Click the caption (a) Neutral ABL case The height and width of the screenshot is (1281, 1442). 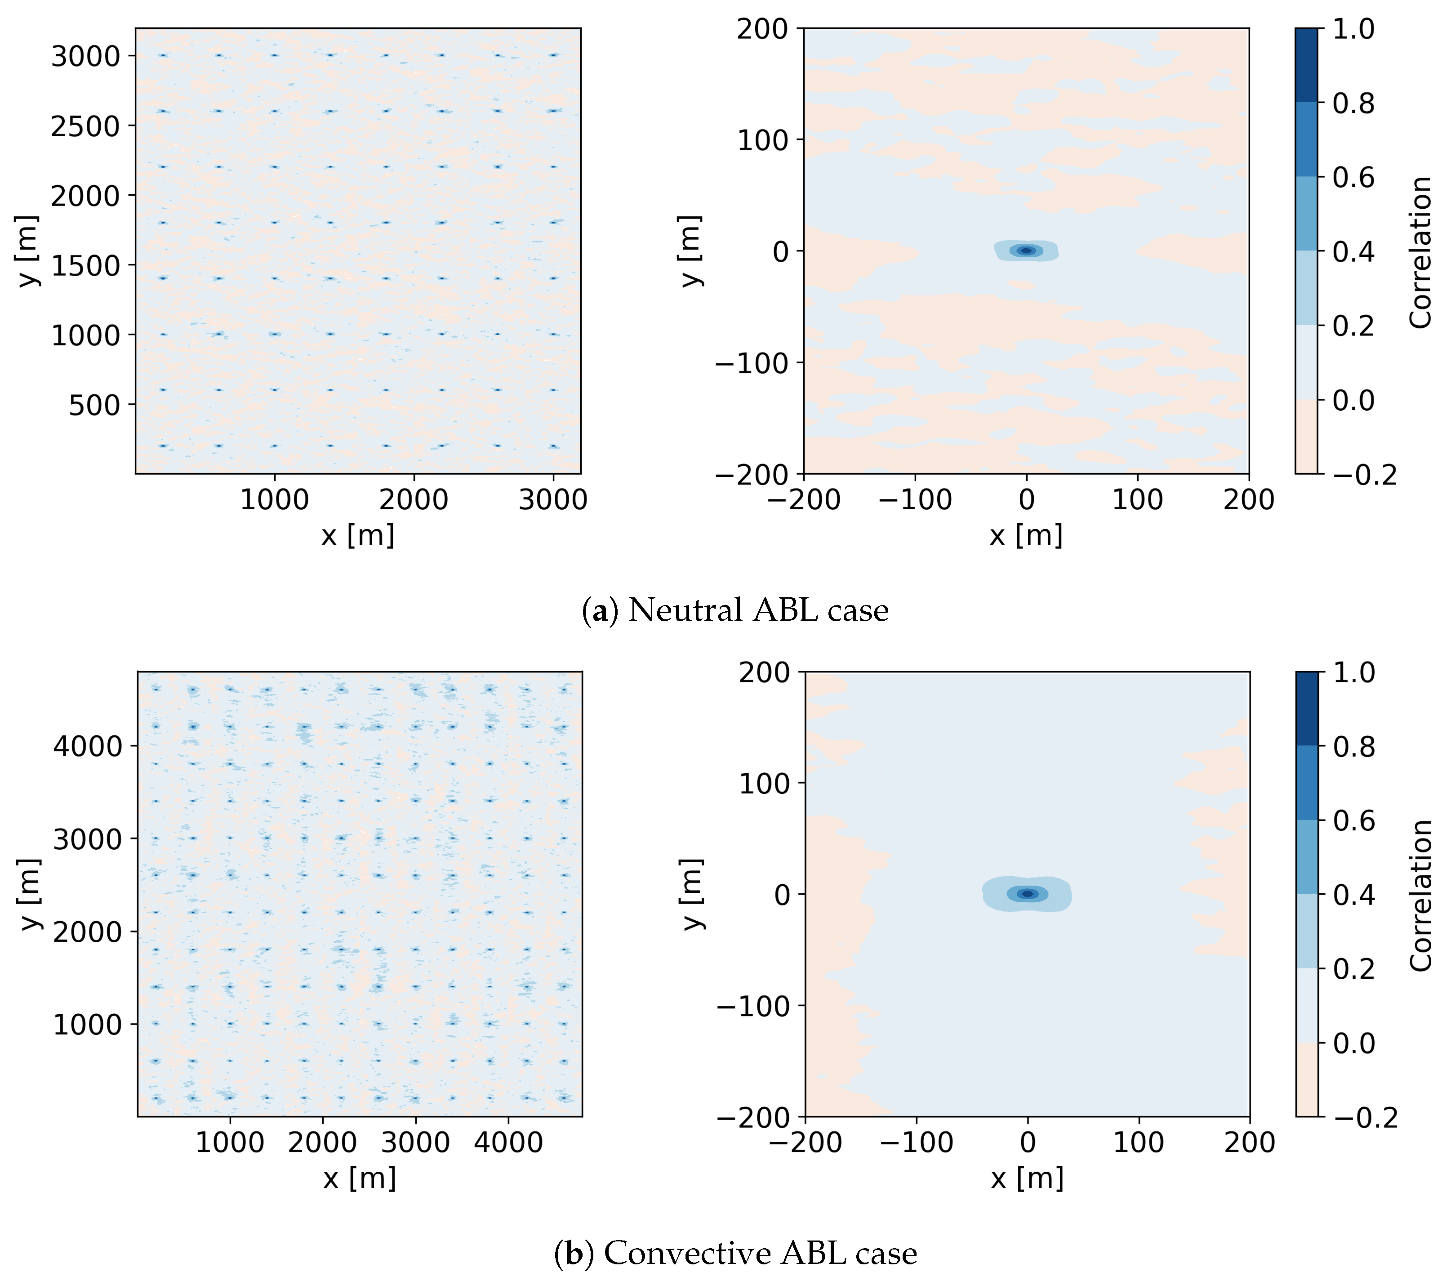point(735,610)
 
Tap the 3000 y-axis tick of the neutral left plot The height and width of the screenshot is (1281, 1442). point(86,57)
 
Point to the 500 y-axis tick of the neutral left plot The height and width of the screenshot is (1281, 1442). point(94,406)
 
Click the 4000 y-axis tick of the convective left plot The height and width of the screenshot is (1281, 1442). point(88,746)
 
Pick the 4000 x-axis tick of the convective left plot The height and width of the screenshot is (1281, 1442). point(508,1142)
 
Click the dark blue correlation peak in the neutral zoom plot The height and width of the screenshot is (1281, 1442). point(1027,251)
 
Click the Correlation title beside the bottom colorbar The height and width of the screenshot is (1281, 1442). point(1420,896)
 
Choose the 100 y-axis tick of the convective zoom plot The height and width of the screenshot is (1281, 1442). point(764,784)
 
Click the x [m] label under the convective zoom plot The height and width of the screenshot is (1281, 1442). point(1027,1178)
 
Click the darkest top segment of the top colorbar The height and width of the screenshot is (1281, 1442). point(1306,65)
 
